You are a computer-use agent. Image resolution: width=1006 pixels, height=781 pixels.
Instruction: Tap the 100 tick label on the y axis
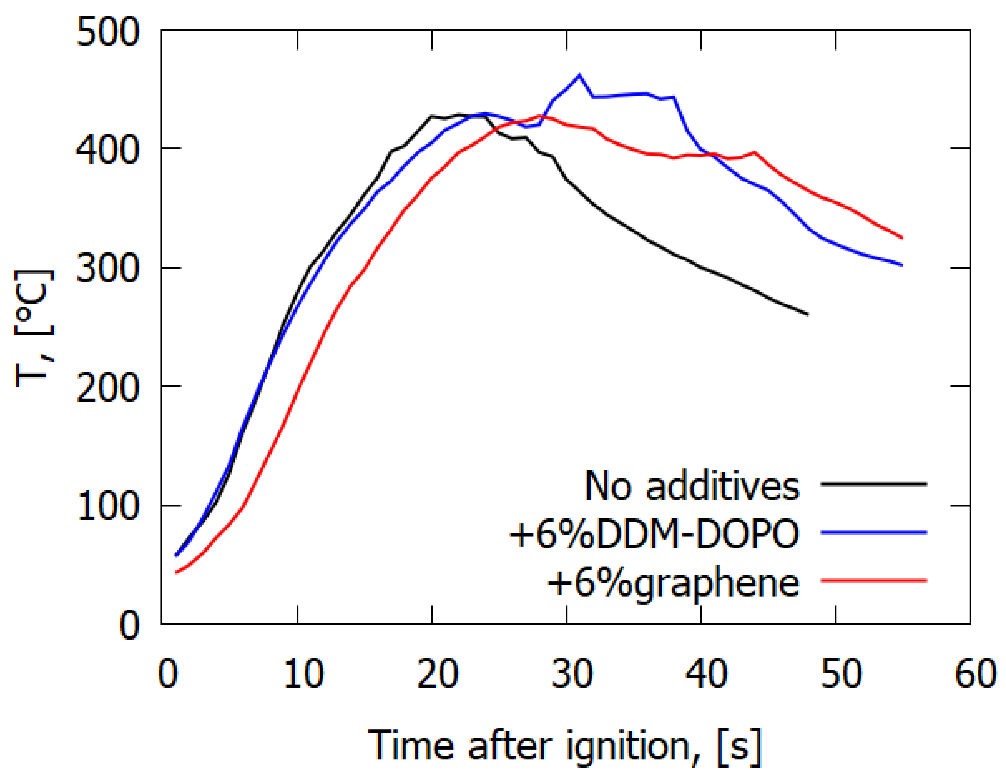pyautogui.click(x=107, y=505)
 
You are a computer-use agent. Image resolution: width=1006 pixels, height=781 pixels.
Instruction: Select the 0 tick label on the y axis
pyautogui.click(x=129, y=625)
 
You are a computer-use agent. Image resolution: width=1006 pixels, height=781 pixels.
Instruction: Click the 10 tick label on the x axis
pyautogui.click(x=303, y=674)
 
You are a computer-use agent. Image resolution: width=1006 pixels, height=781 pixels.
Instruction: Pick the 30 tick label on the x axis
pyautogui.click(x=572, y=674)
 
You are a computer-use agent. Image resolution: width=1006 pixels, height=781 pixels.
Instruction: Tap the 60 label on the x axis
pyautogui.click(x=976, y=674)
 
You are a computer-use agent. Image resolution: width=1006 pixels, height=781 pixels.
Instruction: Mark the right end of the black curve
pyautogui.click(x=808, y=315)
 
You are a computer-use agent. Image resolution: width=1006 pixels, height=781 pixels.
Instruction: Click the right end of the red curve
pyautogui.click(x=902, y=238)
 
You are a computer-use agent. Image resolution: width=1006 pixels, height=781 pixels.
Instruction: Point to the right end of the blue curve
pyautogui.click(x=902, y=265)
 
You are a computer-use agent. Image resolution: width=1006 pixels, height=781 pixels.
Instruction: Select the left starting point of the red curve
pyautogui.click(x=176, y=573)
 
